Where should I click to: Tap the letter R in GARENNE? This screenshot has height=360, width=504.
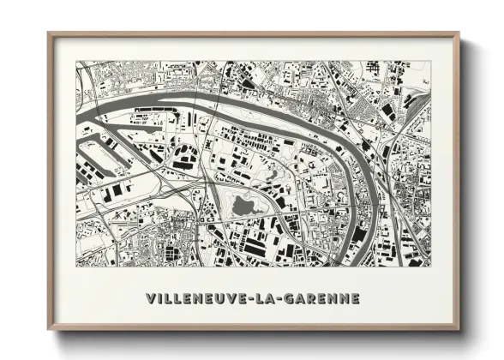coord(310,299)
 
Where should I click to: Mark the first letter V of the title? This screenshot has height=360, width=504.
coord(151,299)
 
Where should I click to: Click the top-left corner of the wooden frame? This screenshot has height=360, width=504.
coord(49,33)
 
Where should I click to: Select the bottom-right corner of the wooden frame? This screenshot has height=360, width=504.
coord(459,329)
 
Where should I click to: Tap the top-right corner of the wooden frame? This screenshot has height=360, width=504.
coord(459,33)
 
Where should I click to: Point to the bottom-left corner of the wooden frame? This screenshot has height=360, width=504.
coord(49,329)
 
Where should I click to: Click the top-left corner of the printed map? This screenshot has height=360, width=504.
coord(76,61)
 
